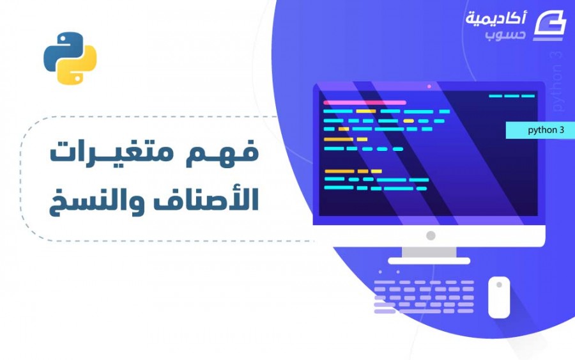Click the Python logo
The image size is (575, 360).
[70, 58]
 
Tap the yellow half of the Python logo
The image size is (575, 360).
[79, 66]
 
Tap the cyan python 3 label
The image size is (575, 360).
[540, 130]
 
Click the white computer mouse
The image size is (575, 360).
[499, 297]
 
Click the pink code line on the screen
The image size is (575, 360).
[365, 102]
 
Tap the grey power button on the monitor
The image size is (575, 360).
[431, 235]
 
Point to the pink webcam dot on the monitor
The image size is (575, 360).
[429, 86]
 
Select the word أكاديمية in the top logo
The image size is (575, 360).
[496, 18]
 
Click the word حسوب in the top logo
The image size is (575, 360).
[505, 35]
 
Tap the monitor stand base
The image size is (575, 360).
[429, 261]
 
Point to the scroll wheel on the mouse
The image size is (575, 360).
[499, 285]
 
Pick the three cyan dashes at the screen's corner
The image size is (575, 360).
[512, 96]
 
